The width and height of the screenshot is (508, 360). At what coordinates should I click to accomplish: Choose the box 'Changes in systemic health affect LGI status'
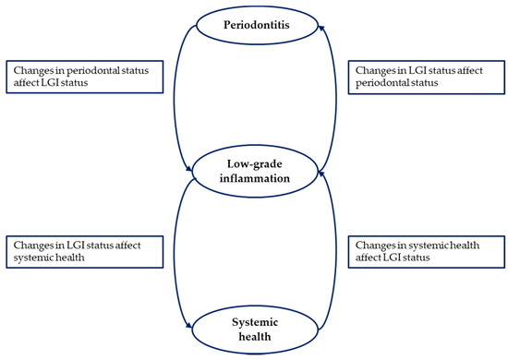(428, 250)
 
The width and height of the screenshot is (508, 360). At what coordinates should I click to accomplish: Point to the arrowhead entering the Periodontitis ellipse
(319, 30)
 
